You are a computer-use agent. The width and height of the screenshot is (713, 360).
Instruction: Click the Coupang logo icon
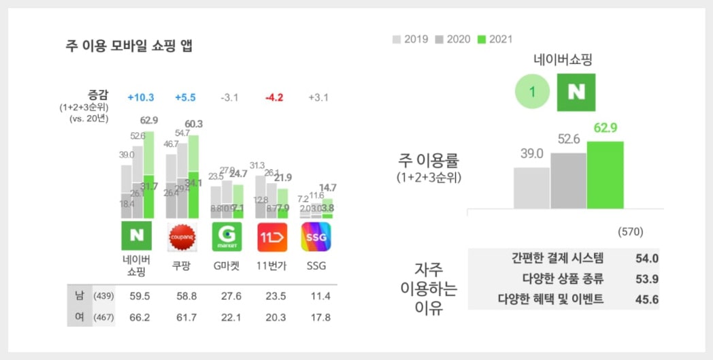182,236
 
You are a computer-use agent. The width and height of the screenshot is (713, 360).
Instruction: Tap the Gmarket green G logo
227,236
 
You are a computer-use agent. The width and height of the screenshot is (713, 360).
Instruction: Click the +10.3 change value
141,97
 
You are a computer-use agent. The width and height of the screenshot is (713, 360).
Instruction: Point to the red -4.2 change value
273,97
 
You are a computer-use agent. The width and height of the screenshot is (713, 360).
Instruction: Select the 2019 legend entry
410,39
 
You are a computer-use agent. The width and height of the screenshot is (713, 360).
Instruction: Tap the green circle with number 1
533,93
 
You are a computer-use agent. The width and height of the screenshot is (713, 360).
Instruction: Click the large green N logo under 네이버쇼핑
576,93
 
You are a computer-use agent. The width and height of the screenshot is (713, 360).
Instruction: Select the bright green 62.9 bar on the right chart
605,175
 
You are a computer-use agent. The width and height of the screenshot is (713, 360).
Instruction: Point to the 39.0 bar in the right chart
531,188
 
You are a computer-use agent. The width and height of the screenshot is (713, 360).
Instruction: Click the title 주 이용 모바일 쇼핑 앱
129,46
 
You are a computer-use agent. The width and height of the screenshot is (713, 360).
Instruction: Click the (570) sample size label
630,232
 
